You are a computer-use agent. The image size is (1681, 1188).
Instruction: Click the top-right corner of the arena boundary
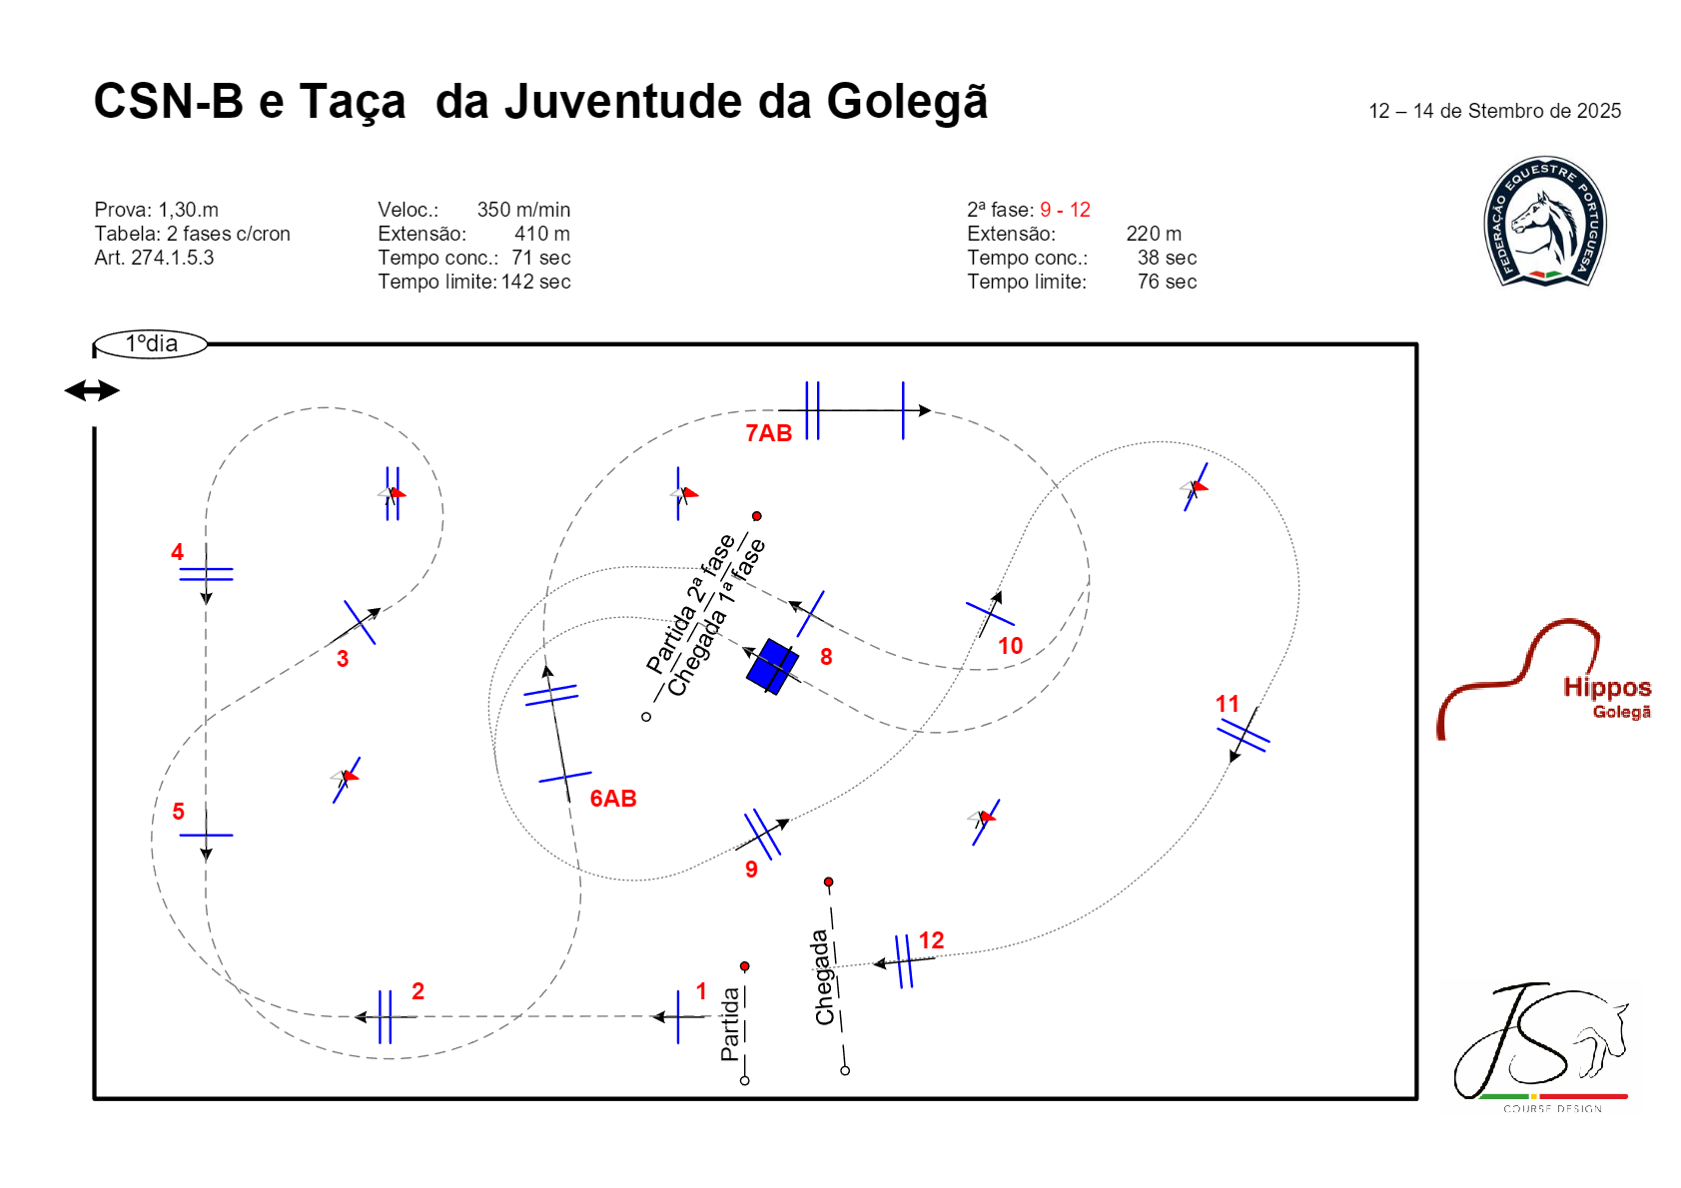1417,344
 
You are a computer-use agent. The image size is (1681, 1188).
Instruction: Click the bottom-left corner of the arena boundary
95,1099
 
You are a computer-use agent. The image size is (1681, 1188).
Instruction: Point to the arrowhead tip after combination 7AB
931,410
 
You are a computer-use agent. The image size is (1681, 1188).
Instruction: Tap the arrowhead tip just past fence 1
652,1017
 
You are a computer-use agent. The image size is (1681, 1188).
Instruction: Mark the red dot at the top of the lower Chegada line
828,882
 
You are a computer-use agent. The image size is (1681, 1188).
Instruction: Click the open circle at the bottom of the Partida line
744,1081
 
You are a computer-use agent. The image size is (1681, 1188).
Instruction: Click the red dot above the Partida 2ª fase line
757,516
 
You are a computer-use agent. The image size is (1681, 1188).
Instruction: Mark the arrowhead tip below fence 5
207,861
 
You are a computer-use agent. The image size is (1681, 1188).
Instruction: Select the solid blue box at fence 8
772,666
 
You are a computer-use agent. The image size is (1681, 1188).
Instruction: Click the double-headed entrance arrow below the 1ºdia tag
92,390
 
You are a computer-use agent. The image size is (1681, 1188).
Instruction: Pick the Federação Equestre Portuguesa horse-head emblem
1545,222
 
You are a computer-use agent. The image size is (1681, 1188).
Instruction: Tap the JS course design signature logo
1541,1047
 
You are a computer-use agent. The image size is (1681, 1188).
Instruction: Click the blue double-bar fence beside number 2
385,1017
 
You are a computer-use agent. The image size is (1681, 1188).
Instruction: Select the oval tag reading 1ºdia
151,343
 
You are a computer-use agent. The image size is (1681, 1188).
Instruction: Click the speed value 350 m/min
523,210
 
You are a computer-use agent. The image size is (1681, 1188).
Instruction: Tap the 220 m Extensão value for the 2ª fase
1154,234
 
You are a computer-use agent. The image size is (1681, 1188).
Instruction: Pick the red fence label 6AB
613,799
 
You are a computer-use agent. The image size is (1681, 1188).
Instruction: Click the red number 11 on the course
1227,704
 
